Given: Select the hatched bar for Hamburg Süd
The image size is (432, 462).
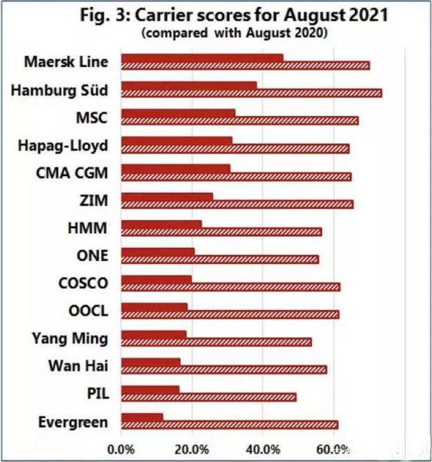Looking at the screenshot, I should [252, 93].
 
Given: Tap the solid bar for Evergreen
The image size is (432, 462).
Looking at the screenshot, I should [142, 417].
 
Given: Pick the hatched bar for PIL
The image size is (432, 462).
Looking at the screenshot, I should [209, 397].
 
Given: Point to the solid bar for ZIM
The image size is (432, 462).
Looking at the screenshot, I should [167, 196].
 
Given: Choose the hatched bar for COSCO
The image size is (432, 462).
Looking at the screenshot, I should [230, 287].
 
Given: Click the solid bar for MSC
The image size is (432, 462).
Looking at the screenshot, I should [178, 113].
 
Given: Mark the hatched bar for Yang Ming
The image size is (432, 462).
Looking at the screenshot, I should [217, 342].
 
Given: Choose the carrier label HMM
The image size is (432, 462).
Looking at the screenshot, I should [92, 227].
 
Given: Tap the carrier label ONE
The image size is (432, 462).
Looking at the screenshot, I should [93, 255].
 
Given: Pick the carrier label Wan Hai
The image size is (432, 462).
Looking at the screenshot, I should [78, 365].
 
